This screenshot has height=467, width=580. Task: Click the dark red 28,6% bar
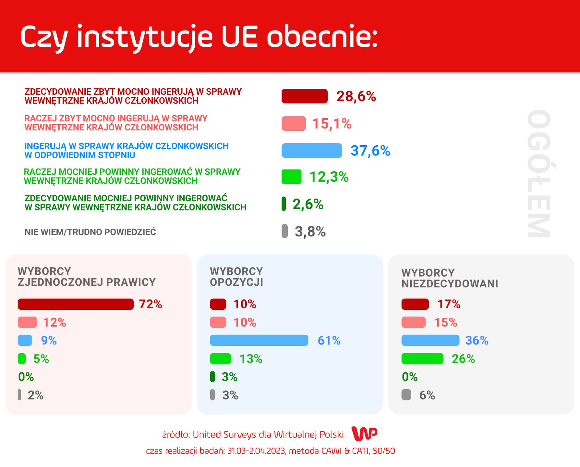[305, 96]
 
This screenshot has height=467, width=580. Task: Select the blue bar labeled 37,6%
[312, 150]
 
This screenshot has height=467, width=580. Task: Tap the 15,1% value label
[332, 124]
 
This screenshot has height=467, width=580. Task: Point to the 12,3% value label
[329, 177]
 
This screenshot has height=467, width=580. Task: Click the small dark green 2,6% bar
[284, 204]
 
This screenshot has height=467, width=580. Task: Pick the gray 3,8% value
[310, 232]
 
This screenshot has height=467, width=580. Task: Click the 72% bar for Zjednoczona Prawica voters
[76, 304]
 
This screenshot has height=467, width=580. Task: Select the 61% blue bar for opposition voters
[259, 341]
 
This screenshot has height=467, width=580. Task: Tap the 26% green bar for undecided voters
[422, 359]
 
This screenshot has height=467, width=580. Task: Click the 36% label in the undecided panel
[477, 341]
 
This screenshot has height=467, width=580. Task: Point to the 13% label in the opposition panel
[251, 359]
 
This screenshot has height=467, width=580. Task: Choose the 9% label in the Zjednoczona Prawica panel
[49, 341]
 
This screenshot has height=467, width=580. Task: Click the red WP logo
[365, 434]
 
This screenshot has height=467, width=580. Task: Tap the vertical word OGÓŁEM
[539, 174]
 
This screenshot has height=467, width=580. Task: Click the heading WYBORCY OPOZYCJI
[236, 277]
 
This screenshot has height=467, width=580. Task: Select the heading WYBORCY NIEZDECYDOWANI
[450, 278]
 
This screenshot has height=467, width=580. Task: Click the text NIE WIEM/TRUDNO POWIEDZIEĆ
[90, 232]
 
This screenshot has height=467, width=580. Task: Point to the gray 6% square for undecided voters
[406, 395]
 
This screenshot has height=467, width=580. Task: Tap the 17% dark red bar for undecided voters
[415, 304]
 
